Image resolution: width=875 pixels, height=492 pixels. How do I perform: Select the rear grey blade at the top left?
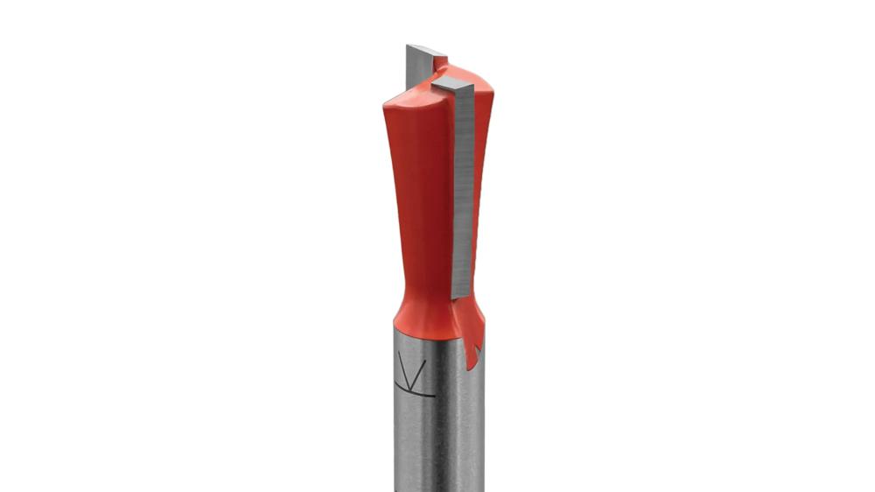[x=417, y=67]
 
